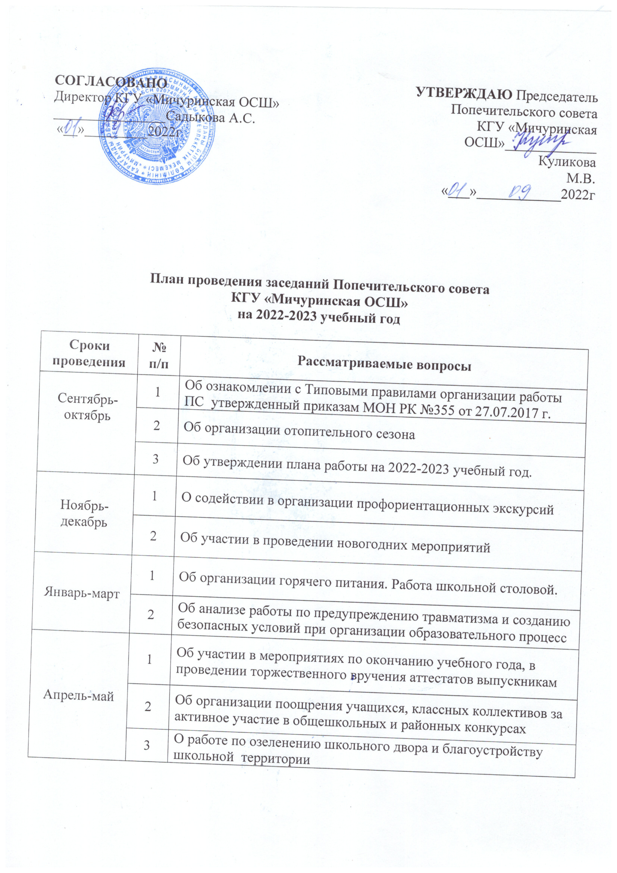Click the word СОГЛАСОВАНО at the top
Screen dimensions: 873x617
111,81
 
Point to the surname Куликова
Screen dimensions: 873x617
567,162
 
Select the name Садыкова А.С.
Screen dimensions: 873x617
210,118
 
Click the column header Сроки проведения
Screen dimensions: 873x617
89,353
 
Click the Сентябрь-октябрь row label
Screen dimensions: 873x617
87,407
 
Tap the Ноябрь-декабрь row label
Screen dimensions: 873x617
84,513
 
